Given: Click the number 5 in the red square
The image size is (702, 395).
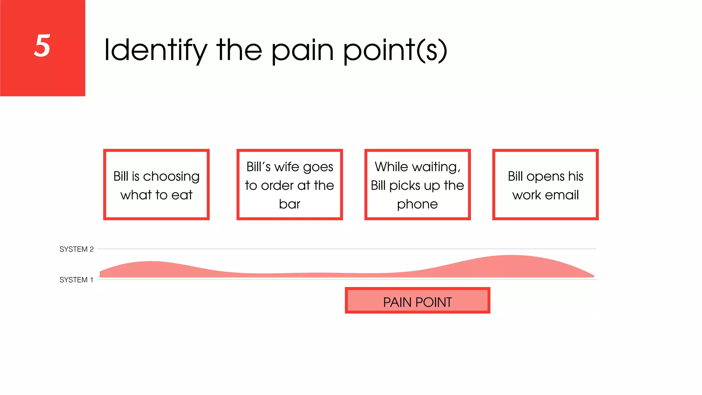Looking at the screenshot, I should coord(42,46).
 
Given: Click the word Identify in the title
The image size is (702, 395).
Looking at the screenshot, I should coord(156,51).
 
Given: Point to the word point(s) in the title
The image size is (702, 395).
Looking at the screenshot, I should coord(395,51).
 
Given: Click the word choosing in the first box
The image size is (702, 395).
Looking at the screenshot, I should coord(171,177).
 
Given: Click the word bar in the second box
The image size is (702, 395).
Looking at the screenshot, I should coord(289,204).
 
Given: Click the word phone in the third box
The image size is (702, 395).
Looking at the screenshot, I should coord(417,204).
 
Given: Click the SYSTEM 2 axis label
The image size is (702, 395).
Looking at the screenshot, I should coord(76,249).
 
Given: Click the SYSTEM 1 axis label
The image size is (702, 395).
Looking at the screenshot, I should coord(76,280).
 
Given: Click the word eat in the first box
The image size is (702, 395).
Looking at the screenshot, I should coord(182,195).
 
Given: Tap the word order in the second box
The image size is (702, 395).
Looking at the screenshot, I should coord(277,185).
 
